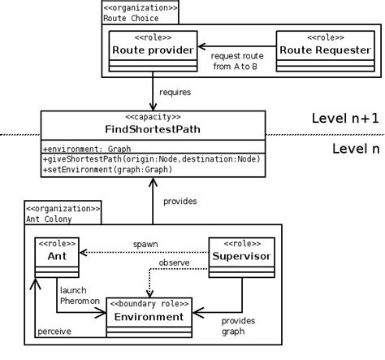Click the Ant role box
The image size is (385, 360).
pyautogui.click(x=56, y=257)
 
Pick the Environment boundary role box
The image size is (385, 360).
pyautogui.click(x=149, y=317)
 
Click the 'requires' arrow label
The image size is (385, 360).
pyautogui.click(x=175, y=93)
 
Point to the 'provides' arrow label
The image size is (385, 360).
pyautogui.click(x=180, y=200)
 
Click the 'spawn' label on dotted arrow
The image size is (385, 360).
pyautogui.click(x=145, y=243)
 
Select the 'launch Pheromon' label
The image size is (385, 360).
pyautogui.click(x=80, y=296)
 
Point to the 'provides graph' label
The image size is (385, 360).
pyautogui.click(x=238, y=326)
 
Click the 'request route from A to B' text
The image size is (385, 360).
pyautogui.click(x=236, y=61)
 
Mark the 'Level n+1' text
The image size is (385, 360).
pyautogui.click(x=345, y=119)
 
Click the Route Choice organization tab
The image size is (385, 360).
pyautogui.click(x=140, y=12)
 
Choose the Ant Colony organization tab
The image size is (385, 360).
pyautogui.click(x=63, y=213)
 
